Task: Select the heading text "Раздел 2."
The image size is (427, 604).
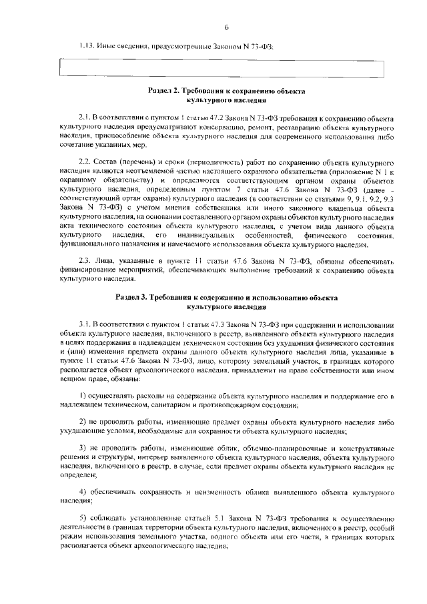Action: click(x=166, y=89)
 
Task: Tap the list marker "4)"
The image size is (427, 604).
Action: click(x=83, y=491)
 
